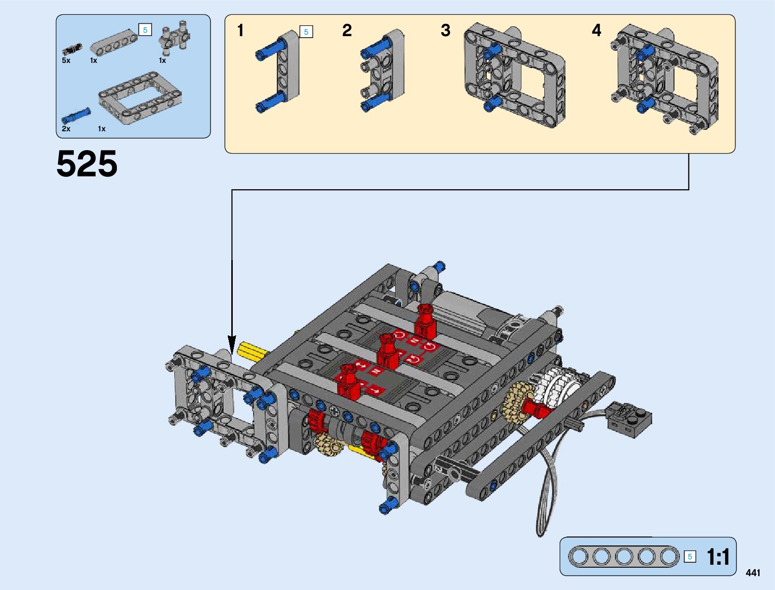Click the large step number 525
tap(87, 163)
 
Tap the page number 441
tap(753, 573)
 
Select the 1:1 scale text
tap(718, 557)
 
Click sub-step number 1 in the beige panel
tap(241, 30)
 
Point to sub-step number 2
tap(347, 30)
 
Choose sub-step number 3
tap(446, 30)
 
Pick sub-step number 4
tap(596, 30)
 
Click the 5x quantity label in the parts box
tap(66, 60)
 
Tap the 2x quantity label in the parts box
tap(66, 128)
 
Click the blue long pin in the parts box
tap(76, 115)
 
